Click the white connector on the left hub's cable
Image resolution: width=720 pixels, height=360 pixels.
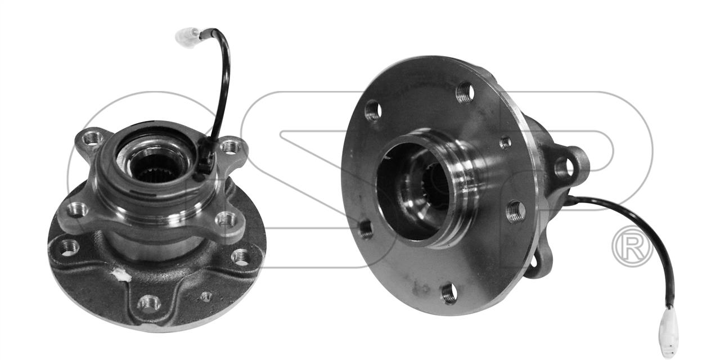click(x=187, y=37)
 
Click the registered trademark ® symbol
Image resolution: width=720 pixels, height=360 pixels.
click(x=633, y=246)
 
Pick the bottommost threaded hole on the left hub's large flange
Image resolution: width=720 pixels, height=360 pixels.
click(x=149, y=303)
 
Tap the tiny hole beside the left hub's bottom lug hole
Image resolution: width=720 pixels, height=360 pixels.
click(x=206, y=296)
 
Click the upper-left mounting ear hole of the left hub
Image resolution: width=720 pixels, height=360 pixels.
click(x=93, y=139)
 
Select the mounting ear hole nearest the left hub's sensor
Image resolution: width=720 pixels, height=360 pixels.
click(x=231, y=147)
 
